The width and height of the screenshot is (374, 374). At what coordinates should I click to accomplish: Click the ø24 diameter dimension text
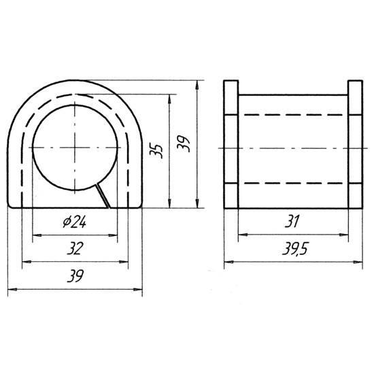click(x=74, y=222)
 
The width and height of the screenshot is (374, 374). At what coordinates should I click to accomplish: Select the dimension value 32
click(x=75, y=248)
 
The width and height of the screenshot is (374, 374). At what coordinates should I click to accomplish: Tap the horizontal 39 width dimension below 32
click(x=75, y=276)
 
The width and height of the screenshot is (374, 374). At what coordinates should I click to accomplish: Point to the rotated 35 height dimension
click(x=156, y=150)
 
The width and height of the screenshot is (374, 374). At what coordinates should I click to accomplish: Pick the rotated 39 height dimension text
click(x=184, y=144)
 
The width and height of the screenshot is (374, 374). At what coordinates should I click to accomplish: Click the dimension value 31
click(x=292, y=222)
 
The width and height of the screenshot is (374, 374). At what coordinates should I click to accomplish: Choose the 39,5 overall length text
click(x=296, y=249)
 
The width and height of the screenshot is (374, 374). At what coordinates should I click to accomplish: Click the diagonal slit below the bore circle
click(x=103, y=196)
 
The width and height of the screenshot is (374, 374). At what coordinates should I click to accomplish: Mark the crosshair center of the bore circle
click(x=75, y=148)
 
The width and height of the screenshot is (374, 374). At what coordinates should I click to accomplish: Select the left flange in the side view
click(x=231, y=144)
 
